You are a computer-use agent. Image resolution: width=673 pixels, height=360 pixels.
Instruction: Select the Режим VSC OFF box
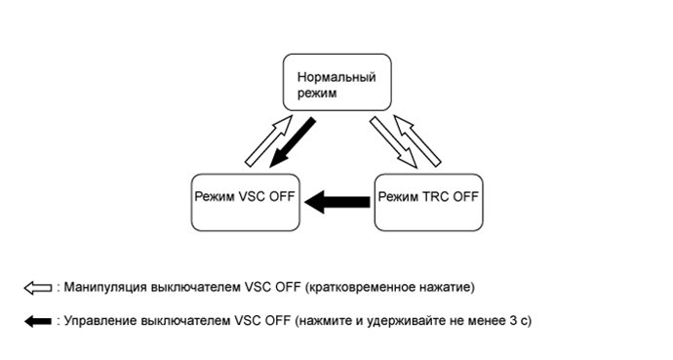243,202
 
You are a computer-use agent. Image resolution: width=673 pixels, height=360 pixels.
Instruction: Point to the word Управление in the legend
97,320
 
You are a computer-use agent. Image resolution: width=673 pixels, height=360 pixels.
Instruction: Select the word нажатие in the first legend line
447,288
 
